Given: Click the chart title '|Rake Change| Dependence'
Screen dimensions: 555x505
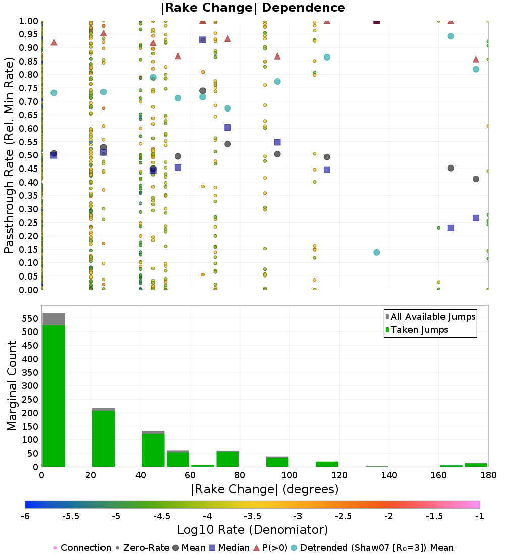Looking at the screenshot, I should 253,8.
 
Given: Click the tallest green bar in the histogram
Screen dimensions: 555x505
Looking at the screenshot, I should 54,396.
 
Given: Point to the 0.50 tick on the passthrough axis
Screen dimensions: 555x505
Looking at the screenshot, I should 29,155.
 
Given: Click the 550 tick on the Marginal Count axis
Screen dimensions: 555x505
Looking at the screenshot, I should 29,319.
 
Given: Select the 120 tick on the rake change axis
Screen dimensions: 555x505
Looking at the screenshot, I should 339,475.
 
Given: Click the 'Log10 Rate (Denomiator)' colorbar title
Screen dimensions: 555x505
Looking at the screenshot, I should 252,530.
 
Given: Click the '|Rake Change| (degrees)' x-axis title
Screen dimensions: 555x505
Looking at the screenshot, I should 265,489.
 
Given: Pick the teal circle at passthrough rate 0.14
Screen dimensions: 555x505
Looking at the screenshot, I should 376,252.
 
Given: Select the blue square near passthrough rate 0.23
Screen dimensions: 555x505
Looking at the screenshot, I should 451,228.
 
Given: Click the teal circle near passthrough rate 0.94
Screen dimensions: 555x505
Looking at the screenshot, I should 451,36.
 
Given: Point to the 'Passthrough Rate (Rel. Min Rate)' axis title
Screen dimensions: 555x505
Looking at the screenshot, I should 9,155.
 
